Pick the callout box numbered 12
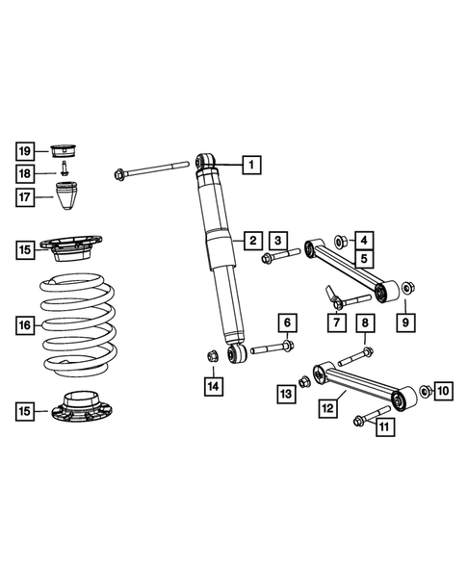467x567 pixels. (x=328, y=409)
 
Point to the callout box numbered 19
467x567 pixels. (x=26, y=150)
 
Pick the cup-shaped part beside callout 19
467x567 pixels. (x=65, y=150)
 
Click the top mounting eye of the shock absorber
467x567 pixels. (x=205, y=161)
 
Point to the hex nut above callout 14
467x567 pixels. (x=212, y=359)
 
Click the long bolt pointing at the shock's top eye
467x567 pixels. (x=149, y=170)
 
